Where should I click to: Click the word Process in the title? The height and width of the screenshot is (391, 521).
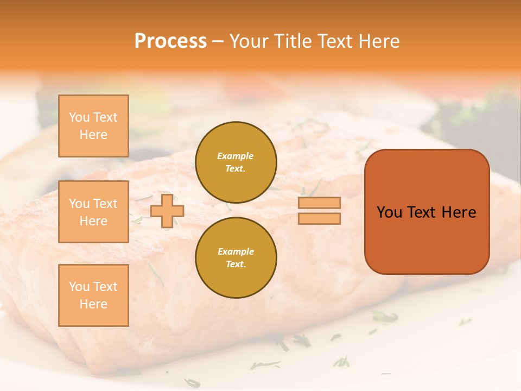170,41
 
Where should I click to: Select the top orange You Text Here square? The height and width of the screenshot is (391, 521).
93,126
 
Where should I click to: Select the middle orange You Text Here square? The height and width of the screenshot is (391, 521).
93,212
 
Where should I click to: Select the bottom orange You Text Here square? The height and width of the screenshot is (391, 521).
93,295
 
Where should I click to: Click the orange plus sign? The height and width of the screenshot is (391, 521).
167,211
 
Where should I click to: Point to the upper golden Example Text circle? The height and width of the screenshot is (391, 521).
236,162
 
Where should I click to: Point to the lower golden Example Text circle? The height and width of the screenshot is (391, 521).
236,257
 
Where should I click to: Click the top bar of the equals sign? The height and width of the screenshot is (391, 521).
319,203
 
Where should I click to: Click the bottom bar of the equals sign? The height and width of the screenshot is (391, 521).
319,218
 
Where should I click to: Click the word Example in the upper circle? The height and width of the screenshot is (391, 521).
236,156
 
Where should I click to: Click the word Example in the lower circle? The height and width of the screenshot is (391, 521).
236,251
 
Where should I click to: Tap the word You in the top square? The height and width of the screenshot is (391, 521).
79,117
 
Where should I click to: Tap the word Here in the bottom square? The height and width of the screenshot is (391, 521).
93,304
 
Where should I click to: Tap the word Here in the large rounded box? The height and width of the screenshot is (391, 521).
459,212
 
